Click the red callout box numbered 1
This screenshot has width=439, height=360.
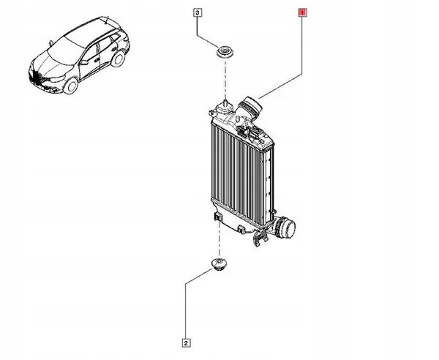302,12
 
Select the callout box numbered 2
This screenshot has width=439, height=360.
186,343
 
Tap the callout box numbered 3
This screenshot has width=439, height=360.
198,13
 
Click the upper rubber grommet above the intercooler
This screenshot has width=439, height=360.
225,52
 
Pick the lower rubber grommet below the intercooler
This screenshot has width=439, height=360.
219,264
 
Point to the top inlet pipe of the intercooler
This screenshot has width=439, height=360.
250,107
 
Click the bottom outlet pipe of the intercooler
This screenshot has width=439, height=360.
285,227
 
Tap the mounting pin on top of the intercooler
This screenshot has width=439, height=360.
225,102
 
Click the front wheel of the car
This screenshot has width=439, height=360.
70,86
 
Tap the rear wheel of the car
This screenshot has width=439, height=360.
118,59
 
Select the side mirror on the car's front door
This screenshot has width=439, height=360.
83,62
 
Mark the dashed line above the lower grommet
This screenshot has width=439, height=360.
219,239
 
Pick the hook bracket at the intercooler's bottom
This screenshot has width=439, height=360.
259,239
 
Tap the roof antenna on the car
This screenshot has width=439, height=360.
107,20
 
